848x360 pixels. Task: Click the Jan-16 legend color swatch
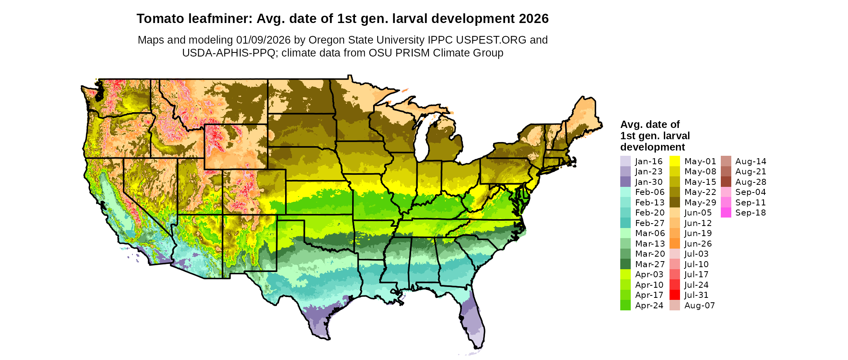(x=625, y=161)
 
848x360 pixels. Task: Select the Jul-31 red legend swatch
(x=674, y=295)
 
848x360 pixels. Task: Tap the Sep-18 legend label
(x=750, y=213)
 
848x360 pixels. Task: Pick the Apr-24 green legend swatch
(x=625, y=306)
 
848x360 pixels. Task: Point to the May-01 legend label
(x=700, y=161)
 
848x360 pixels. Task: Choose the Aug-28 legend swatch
(x=726, y=182)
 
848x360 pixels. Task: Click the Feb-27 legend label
(x=649, y=223)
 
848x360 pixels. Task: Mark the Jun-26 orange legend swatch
(x=674, y=244)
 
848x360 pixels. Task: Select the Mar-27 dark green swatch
(x=625, y=264)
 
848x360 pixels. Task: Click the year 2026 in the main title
(x=533, y=19)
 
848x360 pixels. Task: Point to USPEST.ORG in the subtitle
(x=491, y=40)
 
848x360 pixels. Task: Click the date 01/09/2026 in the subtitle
(x=263, y=40)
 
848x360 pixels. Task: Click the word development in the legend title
(x=653, y=147)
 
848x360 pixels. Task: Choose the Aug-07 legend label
(x=699, y=306)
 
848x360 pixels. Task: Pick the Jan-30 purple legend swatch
(x=625, y=182)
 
